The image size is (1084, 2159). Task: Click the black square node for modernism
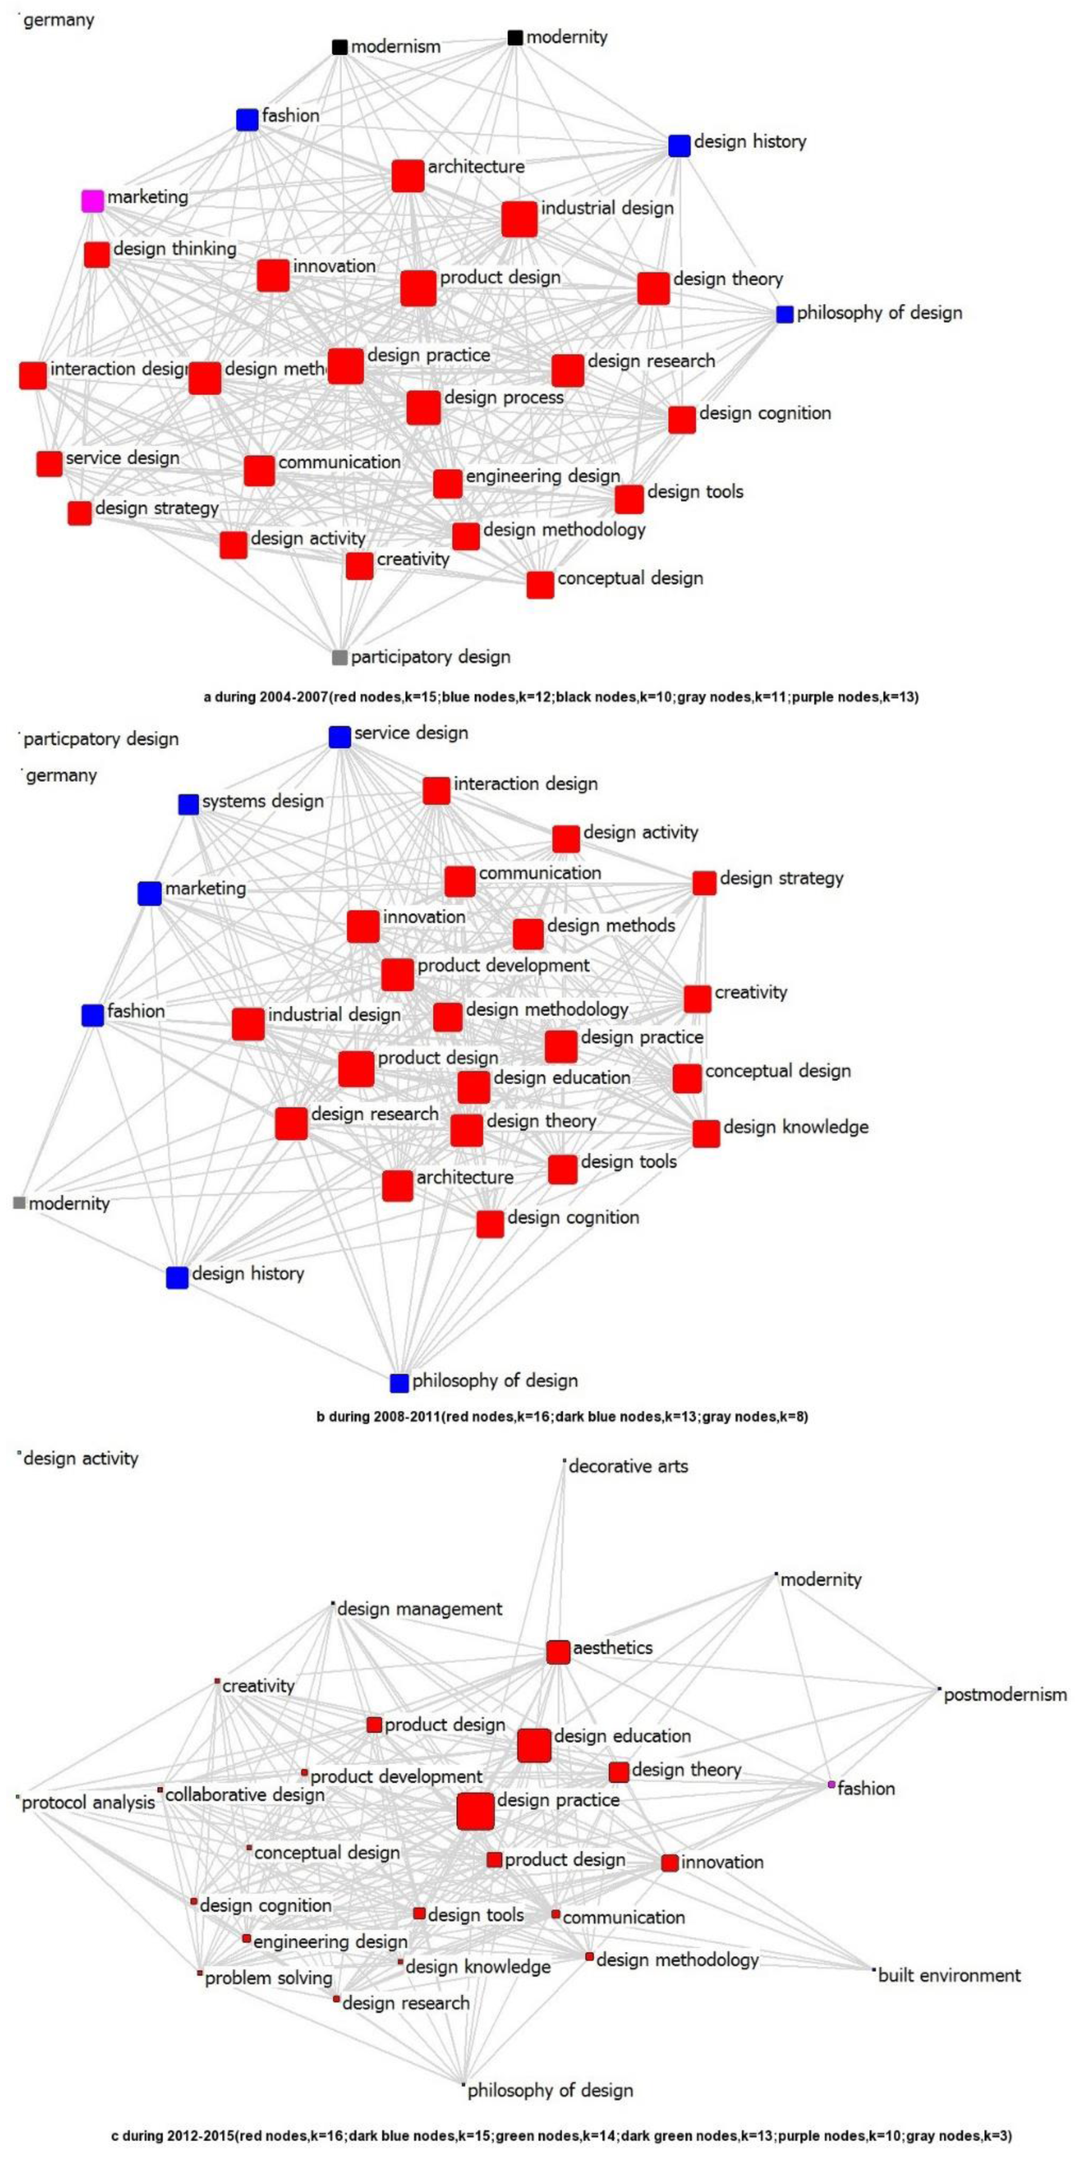339,47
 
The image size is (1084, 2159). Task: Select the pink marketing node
92,201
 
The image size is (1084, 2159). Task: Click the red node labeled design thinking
97,255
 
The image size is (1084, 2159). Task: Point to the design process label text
504,397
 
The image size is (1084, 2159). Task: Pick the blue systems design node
188,805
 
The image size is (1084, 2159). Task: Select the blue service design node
339,737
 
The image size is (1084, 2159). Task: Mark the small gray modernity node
19,1204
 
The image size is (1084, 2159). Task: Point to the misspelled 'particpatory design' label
100,739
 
